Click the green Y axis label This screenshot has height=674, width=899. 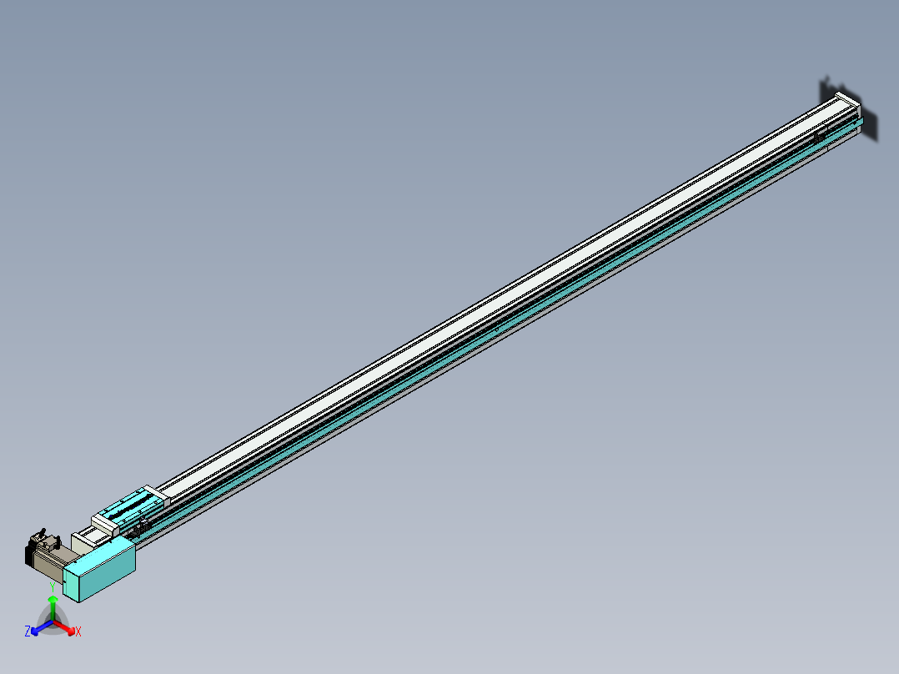(x=53, y=587)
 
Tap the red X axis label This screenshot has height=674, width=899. (x=78, y=632)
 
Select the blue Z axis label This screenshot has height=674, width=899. (x=28, y=631)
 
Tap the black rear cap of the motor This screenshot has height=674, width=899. (x=30, y=555)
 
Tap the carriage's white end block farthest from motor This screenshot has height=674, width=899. (x=156, y=494)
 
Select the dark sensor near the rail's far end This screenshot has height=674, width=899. (x=820, y=135)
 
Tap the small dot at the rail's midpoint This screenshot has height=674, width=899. (x=497, y=329)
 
